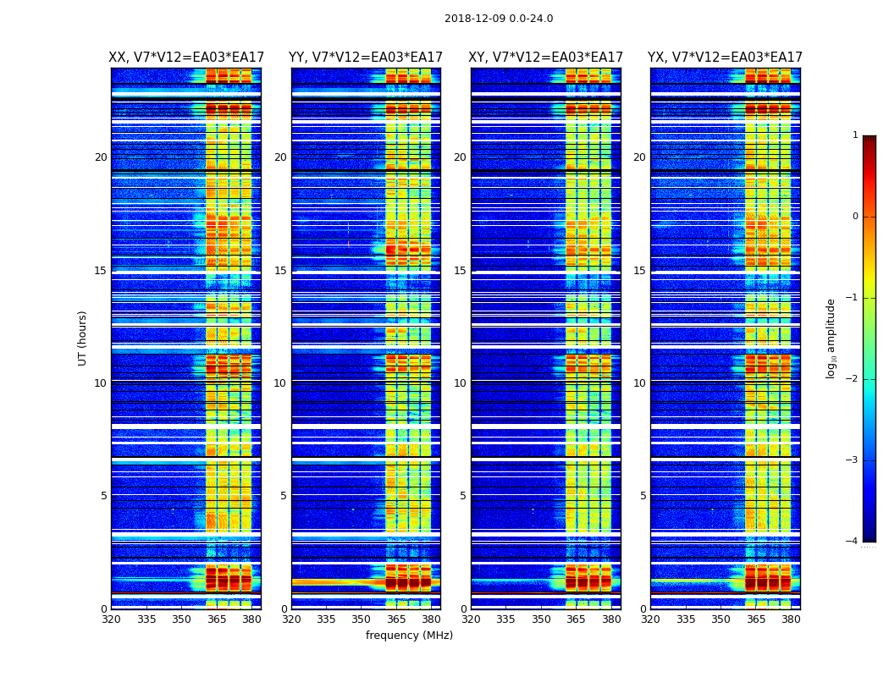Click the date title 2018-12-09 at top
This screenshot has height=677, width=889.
click(499, 19)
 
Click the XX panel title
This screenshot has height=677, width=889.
click(186, 58)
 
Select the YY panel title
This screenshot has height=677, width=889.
click(366, 58)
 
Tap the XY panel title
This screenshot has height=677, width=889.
click(546, 58)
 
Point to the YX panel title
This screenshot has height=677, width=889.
click(726, 58)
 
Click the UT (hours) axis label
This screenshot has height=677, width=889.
click(83, 338)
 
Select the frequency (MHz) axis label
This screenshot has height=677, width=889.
click(409, 636)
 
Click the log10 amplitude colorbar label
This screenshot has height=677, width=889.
click(831, 338)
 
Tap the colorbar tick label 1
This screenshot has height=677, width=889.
click(855, 135)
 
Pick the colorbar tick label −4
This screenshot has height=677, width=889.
click(853, 542)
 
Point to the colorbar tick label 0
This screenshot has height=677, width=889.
click(855, 217)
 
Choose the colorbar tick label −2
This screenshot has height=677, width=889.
click(853, 379)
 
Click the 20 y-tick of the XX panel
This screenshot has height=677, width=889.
click(101, 157)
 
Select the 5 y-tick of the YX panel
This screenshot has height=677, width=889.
click(643, 496)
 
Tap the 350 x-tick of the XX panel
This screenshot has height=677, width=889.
click(181, 619)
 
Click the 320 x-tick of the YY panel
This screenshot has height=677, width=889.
click(291, 619)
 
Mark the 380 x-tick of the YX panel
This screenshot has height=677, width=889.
click(791, 619)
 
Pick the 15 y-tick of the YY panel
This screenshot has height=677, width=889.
click(280, 271)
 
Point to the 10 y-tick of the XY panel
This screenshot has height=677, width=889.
click(460, 383)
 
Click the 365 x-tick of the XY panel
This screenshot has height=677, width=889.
click(576, 619)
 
